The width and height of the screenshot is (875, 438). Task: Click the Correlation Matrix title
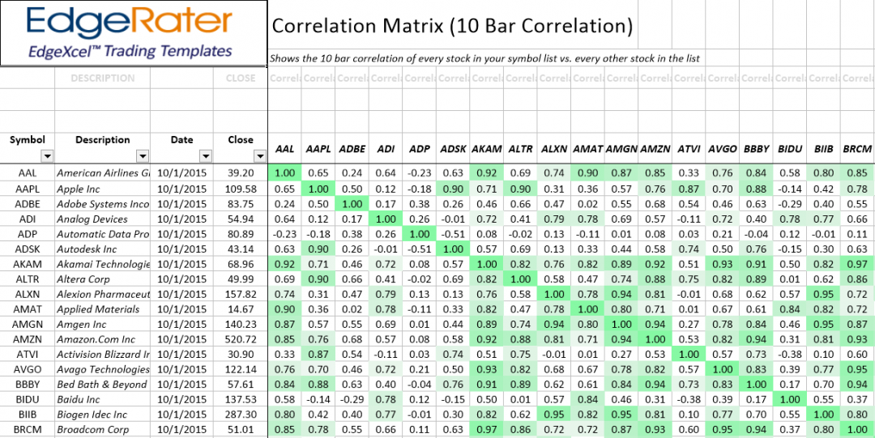pyautogui.click(x=452, y=26)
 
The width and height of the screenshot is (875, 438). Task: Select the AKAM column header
pyautogui.click(x=486, y=149)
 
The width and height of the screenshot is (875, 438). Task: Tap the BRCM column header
pyautogui.click(x=857, y=149)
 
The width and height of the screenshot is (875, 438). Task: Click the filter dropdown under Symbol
pyautogui.click(x=47, y=156)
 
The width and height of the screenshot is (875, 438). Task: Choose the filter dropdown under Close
pyautogui.click(x=259, y=156)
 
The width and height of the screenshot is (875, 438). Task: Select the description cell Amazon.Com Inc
pyautogui.click(x=96, y=339)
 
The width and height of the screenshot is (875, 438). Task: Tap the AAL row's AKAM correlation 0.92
pyautogui.click(x=487, y=172)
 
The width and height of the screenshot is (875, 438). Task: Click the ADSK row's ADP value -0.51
pyautogui.click(x=419, y=249)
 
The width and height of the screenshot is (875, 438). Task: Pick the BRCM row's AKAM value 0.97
pyautogui.click(x=487, y=429)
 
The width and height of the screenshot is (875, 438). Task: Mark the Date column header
pyautogui.click(x=181, y=139)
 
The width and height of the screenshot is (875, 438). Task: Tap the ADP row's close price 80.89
pyautogui.click(x=241, y=233)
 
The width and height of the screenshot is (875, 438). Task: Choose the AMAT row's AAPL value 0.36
pyautogui.click(x=318, y=308)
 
